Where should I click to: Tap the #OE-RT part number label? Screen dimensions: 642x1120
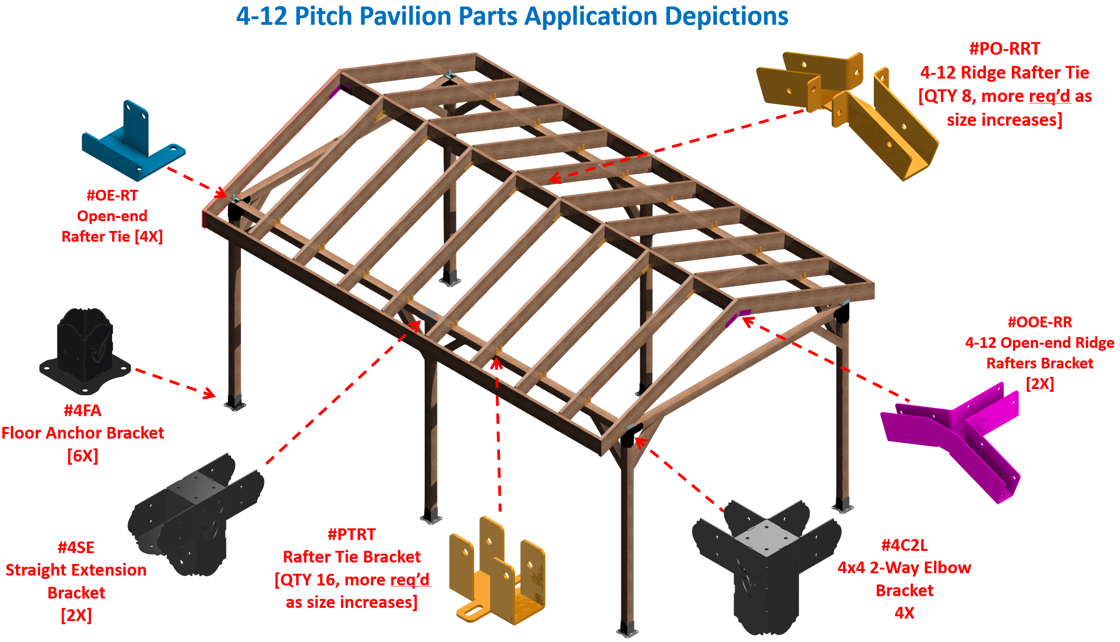(x=112, y=195)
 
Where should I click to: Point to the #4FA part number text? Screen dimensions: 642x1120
(x=83, y=411)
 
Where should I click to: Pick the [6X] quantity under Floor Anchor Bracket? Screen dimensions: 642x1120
(x=83, y=455)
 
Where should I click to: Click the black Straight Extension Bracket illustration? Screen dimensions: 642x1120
(x=196, y=514)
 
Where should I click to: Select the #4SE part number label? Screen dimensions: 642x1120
(x=76, y=548)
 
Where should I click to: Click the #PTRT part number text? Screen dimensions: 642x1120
(x=351, y=534)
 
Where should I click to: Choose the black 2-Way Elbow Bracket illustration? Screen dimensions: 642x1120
(x=766, y=566)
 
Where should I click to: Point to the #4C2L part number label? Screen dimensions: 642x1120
(x=904, y=545)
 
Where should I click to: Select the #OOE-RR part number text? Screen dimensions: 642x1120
(x=1040, y=322)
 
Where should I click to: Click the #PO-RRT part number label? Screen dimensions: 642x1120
(x=1005, y=49)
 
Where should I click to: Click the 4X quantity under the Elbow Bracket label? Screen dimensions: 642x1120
(x=904, y=613)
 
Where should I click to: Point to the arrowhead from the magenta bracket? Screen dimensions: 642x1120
(x=747, y=320)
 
